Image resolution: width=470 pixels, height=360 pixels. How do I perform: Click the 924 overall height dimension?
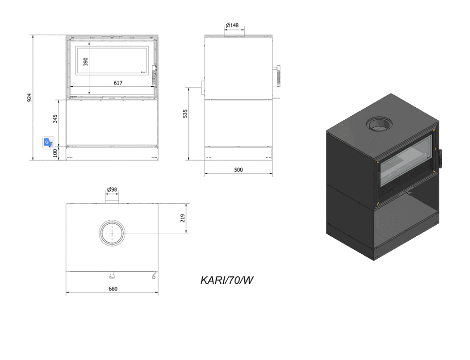click(29, 98)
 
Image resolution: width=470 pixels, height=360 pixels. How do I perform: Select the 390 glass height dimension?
click(85, 62)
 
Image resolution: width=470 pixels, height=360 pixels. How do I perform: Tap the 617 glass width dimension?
click(118, 83)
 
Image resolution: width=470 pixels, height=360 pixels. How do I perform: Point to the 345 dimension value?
click(55, 118)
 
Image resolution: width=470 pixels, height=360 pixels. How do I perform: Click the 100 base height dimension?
click(55, 152)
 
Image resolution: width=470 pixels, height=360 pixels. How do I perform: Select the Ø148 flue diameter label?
click(232, 25)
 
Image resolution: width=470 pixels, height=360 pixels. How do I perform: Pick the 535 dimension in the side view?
click(185, 114)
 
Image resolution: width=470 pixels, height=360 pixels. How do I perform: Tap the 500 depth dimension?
click(238, 170)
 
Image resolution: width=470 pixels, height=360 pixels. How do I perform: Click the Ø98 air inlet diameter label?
click(112, 189)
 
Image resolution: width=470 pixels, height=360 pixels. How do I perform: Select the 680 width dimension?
click(113, 289)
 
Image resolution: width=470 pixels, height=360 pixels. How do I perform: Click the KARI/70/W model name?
click(227, 280)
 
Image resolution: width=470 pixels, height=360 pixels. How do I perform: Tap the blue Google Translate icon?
click(49, 142)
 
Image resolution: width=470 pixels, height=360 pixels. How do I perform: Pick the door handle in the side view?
click(279, 76)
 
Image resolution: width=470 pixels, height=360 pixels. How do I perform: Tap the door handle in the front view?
click(154, 75)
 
